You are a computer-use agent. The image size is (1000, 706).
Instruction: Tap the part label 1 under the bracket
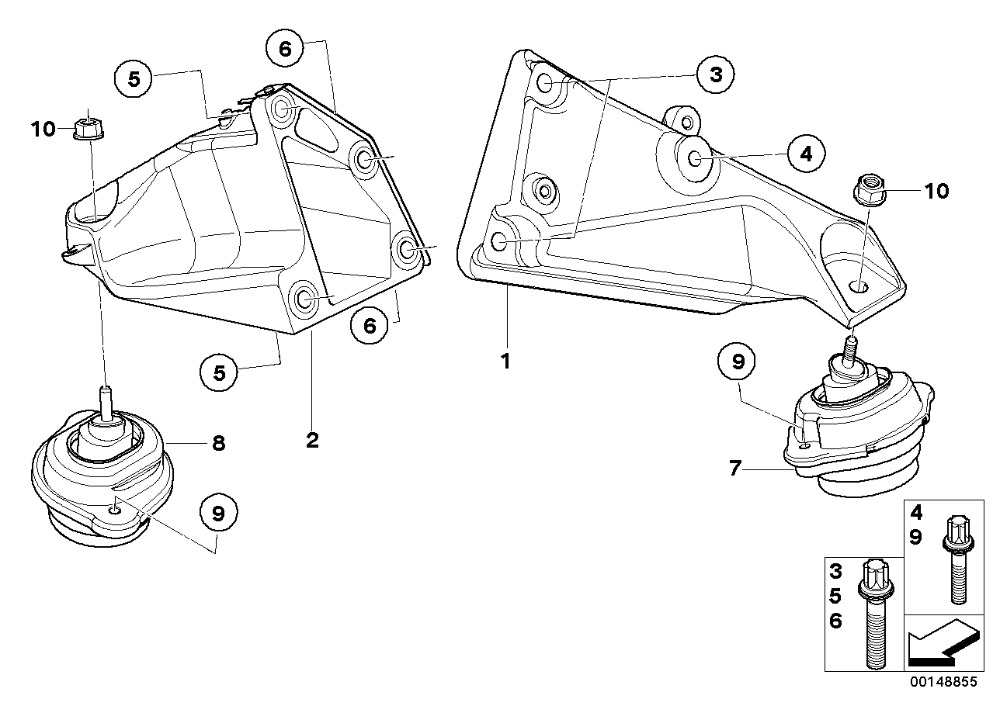[x=505, y=361]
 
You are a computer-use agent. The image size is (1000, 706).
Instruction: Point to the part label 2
[x=312, y=440]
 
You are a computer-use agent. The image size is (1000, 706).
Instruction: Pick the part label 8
[x=218, y=443]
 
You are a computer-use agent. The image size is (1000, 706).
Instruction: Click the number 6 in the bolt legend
[x=835, y=620]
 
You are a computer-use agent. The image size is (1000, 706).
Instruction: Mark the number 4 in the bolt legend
[x=916, y=513]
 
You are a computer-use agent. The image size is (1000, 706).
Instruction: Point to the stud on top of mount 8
[x=106, y=399]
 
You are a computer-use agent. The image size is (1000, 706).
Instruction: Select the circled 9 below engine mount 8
[x=219, y=513]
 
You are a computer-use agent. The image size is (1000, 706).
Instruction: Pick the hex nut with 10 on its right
[x=866, y=189]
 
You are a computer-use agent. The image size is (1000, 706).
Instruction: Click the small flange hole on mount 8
[x=115, y=510]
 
